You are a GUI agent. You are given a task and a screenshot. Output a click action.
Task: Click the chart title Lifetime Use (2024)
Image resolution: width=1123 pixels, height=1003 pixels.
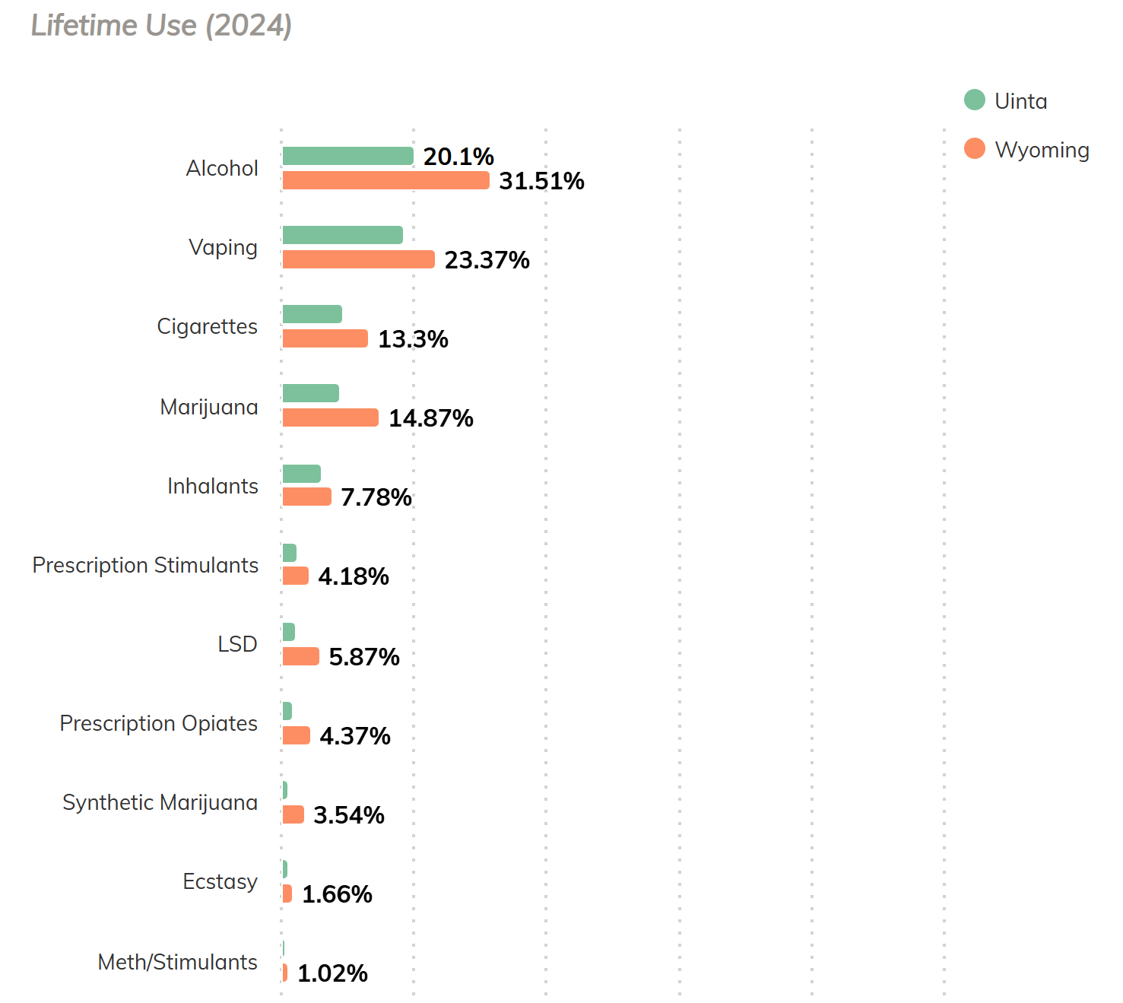point(161,26)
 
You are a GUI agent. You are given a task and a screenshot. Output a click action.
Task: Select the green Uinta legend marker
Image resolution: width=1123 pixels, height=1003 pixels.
point(974,100)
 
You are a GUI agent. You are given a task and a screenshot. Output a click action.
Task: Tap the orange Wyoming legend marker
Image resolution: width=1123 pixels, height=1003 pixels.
point(974,148)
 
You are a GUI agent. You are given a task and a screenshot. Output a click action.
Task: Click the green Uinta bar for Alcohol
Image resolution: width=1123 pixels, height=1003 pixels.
point(347,156)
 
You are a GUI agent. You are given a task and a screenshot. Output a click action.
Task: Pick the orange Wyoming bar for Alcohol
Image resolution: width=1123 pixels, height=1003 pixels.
point(385,180)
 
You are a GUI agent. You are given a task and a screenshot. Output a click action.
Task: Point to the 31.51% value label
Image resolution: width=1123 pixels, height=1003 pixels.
point(541,181)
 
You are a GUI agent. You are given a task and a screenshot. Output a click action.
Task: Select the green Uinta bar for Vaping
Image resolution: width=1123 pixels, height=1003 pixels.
point(342,235)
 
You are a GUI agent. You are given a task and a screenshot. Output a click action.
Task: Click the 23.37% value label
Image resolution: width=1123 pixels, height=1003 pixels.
point(487,260)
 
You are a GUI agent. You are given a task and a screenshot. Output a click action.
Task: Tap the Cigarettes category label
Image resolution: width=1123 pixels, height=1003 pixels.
point(207,326)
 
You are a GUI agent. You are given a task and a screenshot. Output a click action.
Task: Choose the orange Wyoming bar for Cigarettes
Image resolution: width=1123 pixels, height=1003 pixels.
point(325,338)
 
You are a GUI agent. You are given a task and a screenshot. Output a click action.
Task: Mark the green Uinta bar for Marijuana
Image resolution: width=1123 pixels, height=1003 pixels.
point(310,393)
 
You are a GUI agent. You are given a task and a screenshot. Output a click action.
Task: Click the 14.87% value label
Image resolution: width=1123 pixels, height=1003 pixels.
point(430,418)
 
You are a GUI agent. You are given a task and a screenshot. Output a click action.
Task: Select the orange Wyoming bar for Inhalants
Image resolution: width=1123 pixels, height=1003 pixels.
point(306,497)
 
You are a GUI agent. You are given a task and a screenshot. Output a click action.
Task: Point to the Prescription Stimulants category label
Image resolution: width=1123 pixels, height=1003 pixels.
point(145,565)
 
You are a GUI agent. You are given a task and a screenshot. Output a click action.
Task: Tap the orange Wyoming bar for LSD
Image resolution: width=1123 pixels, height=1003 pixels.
point(300,656)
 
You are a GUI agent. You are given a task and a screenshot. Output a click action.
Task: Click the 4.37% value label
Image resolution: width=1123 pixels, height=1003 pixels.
point(354,736)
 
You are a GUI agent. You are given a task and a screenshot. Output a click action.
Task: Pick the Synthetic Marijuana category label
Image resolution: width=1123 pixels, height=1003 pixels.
point(160,802)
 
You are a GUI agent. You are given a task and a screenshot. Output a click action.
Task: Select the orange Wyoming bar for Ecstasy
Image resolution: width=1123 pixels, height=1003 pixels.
point(287,893)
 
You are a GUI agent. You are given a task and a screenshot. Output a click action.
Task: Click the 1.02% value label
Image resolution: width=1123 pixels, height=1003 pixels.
point(332,973)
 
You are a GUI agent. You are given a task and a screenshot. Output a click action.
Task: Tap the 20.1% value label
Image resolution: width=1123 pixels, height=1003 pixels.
point(458,157)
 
